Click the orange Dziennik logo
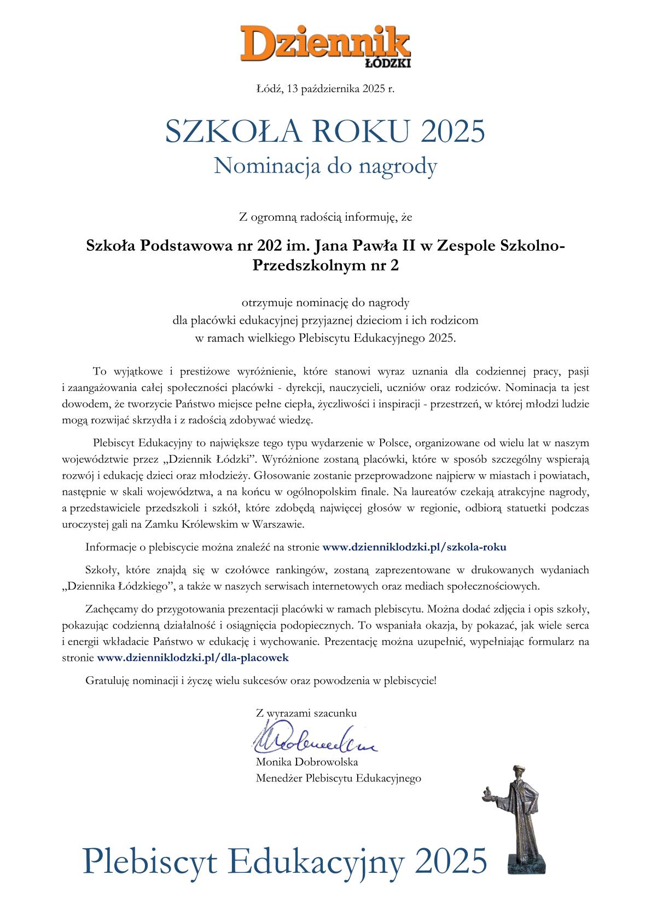(x=325, y=41)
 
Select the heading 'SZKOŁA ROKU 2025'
(x=325, y=131)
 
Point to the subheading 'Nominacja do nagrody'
(x=325, y=165)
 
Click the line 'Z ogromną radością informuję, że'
(x=325, y=217)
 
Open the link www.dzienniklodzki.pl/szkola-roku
(x=414, y=546)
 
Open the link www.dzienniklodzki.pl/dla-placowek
(x=192, y=657)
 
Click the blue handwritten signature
(x=315, y=740)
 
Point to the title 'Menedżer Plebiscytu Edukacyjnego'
(x=338, y=778)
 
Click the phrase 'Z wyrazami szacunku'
(x=306, y=713)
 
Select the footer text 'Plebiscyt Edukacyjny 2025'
(x=284, y=860)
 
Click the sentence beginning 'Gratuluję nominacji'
(x=261, y=681)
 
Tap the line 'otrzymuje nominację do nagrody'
(x=325, y=302)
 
